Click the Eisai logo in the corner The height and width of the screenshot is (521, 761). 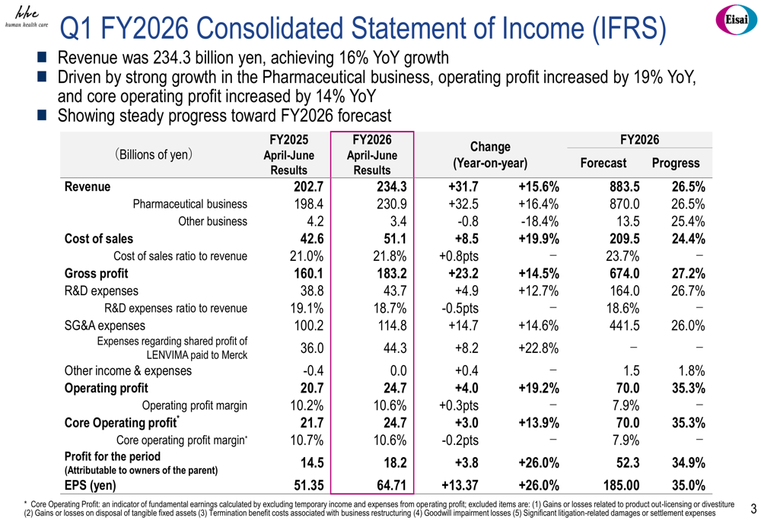(x=736, y=20)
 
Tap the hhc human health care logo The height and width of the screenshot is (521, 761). (x=27, y=17)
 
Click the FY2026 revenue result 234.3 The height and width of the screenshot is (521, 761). (x=392, y=187)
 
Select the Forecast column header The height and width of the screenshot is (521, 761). (x=603, y=163)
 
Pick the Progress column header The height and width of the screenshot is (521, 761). (x=676, y=163)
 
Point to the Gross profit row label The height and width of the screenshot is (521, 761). (x=96, y=274)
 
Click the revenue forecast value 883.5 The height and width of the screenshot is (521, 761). (x=625, y=187)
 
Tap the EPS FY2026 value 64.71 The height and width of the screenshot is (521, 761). (x=392, y=485)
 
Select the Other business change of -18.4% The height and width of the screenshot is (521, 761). (x=540, y=221)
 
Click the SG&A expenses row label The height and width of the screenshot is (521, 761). (x=105, y=326)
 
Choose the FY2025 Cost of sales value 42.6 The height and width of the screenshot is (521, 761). (x=309, y=239)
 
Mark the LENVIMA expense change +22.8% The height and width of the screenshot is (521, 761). (x=538, y=348)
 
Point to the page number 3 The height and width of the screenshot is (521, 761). (x=753, y=509)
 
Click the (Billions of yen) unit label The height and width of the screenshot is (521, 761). (x=154, y=154)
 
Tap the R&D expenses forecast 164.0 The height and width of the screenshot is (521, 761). (x=625, y=291)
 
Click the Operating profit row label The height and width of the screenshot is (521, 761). (x=107, y=388)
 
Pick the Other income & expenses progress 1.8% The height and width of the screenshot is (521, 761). (x=692, y=371)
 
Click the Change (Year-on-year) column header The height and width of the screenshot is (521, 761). (x=490, y=154)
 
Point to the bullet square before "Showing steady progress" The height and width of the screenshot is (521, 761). (x=42, y=116)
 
